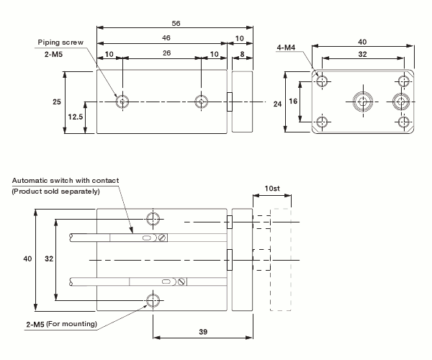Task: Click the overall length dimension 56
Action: tap(176, 23)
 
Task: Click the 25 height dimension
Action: tap(57, 102)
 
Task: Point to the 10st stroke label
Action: tap(272, 188)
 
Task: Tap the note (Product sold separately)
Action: tap(55, 191)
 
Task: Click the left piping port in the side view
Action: tap(123, 102)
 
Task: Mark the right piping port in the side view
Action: tap(201, 102)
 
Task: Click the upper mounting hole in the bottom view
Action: tap(153, 219)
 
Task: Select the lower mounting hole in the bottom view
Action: tap(153, 300)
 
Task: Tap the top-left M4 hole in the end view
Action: tap(322, 81)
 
